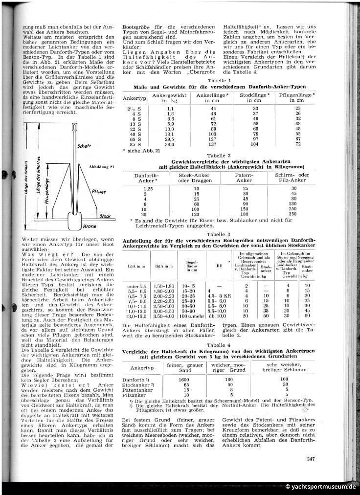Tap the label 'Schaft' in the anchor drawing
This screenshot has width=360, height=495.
click(x=84, y=146)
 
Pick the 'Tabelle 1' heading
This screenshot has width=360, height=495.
click(x=220, y=80)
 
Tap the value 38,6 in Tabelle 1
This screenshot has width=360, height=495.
click(x=168, y=145)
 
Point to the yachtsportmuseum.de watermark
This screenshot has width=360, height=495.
click(x=320, y=487)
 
